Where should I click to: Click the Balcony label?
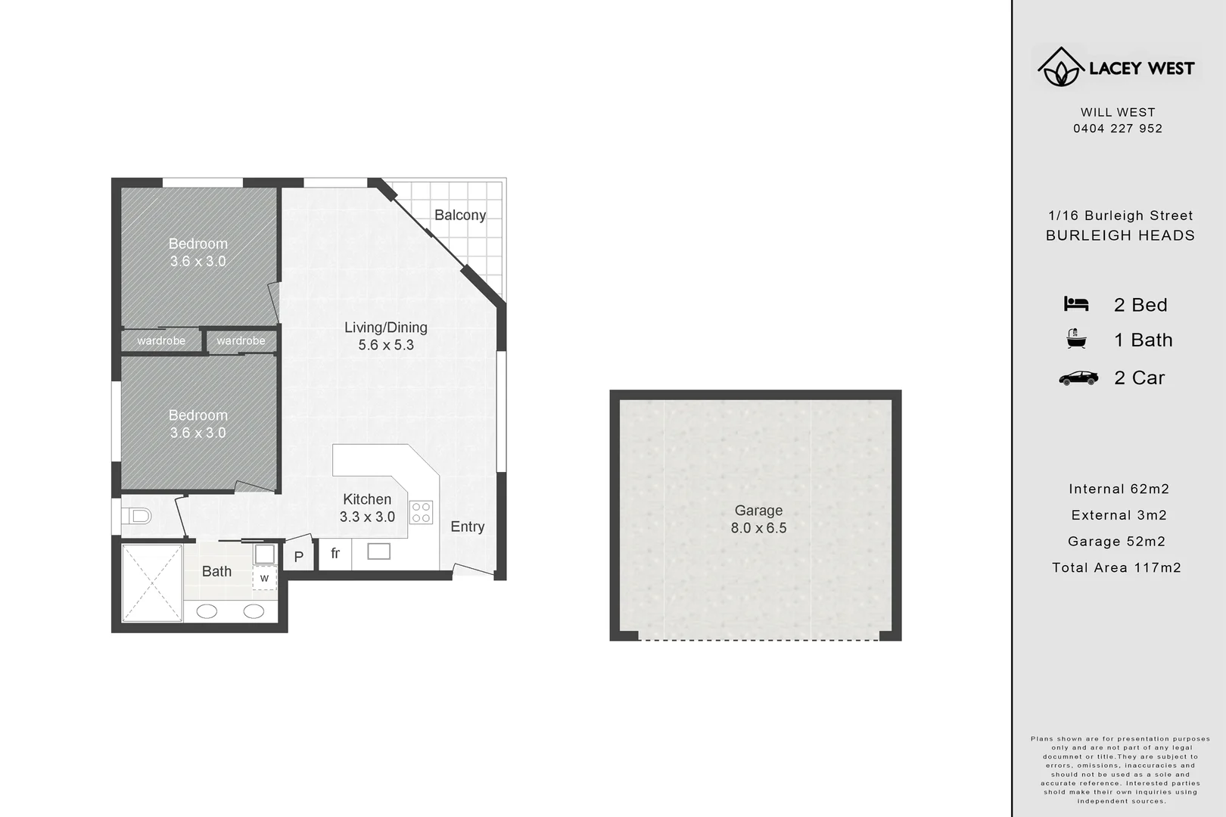point(459,215)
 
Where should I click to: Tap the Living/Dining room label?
point(386,336)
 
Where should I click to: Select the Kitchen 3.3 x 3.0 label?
point(367,508)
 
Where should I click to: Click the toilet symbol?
point(136,517)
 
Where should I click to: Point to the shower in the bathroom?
point(152,582)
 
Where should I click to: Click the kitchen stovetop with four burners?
point(421,512)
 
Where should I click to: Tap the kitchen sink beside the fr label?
point(378,551)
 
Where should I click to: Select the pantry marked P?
point(299,557)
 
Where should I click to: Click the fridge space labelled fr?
point(335,554)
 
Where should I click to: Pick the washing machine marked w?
point(264,578)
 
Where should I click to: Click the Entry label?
point(467,527)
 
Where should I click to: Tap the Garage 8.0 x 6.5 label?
point(758,519)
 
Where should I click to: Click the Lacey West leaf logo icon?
point(1060,67)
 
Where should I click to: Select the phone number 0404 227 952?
point(1118,129)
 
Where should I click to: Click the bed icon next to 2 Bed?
point(1075,304)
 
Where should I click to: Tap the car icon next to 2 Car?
point(1078,377)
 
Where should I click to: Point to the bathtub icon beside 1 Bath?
point(1075,339)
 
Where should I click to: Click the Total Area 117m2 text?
point(1116,567)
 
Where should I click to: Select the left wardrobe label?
point(161,341)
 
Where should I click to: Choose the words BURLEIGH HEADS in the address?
point(1120,235)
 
